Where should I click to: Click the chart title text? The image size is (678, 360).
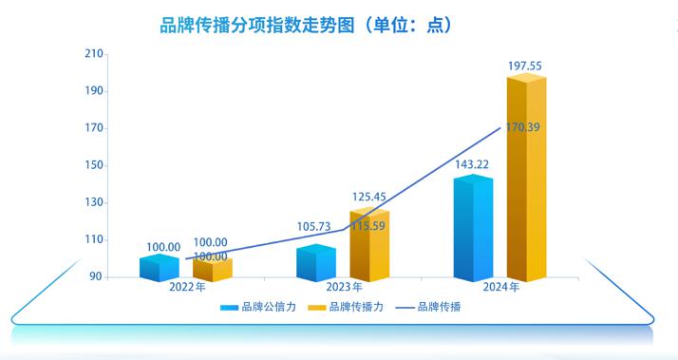pos(305,26)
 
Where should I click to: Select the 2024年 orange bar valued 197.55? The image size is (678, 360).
pos(526,180)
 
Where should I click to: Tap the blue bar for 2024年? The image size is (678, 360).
pos(473,230)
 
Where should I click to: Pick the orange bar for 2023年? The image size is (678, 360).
pos(369,247)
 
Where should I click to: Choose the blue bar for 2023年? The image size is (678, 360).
pos(316,264)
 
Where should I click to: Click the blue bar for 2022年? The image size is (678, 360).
pos(159,268)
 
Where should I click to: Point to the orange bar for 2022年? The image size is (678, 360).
pos(212,269)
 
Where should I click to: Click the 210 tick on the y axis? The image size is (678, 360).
pos(93,54)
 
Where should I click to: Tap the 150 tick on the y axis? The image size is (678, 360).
pos(93,165)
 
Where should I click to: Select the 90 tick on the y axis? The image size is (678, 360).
pos(96,277)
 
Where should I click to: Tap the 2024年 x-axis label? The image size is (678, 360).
pos(499,287)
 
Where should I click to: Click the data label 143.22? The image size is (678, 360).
pos(473,164)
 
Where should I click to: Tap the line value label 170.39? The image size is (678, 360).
pos(523,127)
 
